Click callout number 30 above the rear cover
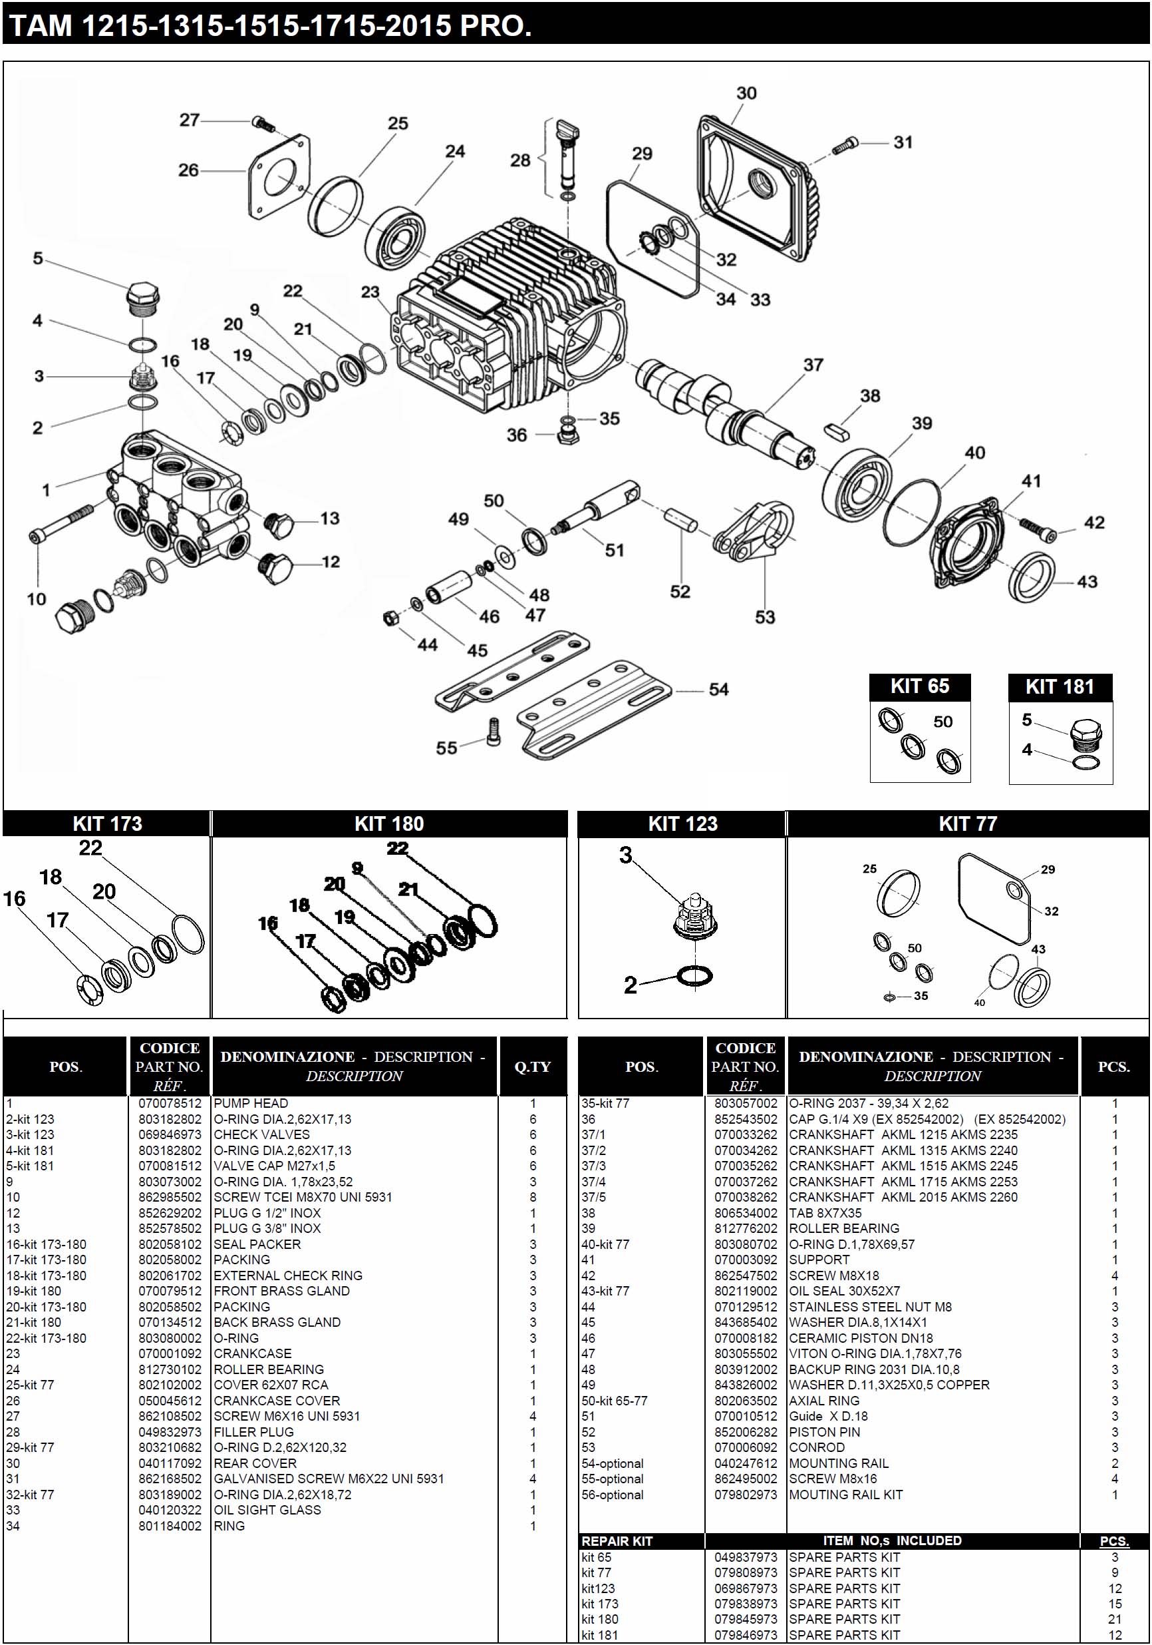coord(746,93)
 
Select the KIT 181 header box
coord(1060,686)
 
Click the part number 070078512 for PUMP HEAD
coord(170,1103)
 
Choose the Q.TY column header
coord(532,1066)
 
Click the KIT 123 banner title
coord(682,824)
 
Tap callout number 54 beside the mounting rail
coord(718,689)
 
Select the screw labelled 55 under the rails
coord(493,732)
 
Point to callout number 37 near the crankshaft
coord(813,365)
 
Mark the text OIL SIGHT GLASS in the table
coord(267,1510)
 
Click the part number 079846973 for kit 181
coord(746,1635)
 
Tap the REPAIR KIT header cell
coord(617,1541)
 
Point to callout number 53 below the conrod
coord(765,617)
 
